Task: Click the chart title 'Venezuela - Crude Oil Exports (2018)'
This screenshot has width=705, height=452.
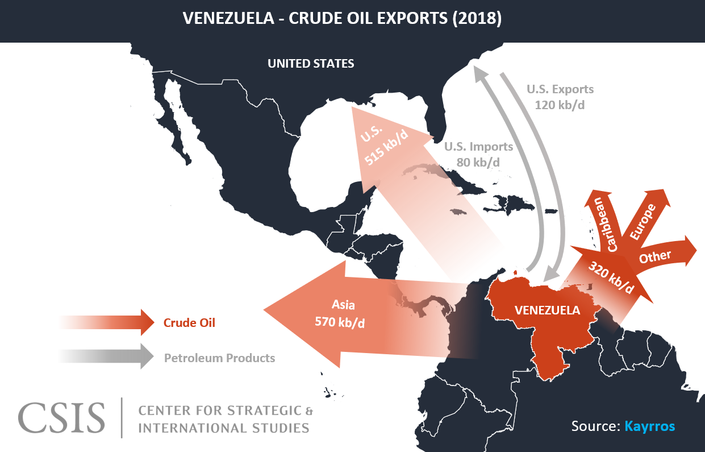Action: coord(342,19)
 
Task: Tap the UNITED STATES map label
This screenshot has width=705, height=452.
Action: coord(311,64)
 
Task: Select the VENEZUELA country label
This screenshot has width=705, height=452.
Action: coord(547,310)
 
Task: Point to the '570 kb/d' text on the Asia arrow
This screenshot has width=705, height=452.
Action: coord(340,322)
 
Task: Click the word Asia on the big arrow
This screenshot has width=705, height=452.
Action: coord(343,305)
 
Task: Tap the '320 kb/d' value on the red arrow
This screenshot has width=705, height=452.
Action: coord(611,277)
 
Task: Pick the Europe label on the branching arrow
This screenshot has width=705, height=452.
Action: coord(643,221)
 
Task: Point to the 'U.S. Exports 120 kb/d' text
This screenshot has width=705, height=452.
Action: coord(560,97)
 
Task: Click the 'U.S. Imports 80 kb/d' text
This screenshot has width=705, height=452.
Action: coord(478,154)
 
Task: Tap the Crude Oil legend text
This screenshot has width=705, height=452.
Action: coord(189,323)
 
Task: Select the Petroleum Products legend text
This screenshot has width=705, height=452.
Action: coord(219,358)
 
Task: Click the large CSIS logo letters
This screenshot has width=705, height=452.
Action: coord(61,418)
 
